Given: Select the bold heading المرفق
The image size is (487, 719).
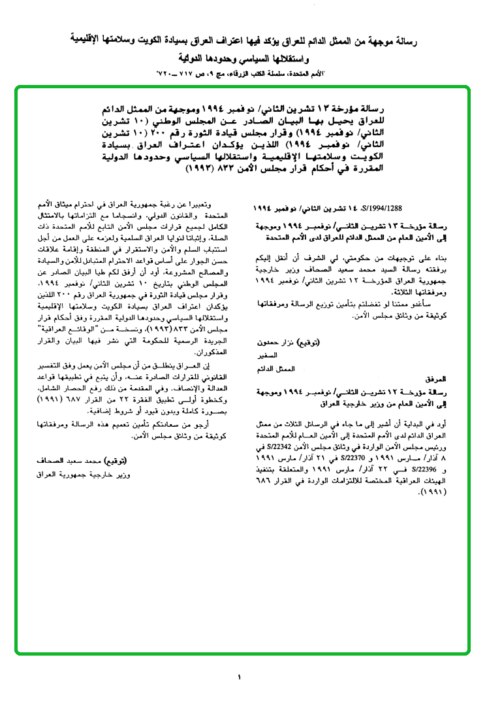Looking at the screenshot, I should pos(435,378).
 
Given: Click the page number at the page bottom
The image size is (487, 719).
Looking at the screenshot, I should pos(239,677).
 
